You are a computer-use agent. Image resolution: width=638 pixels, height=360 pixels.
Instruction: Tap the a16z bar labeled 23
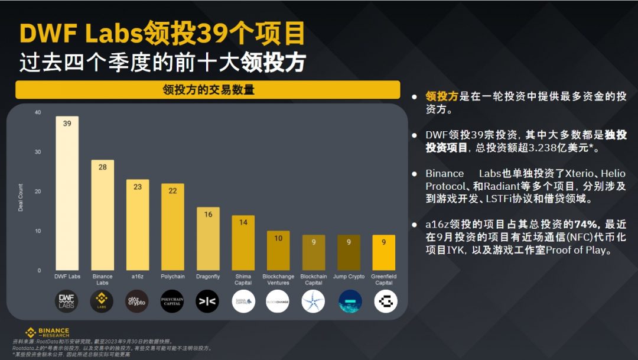(138, 225)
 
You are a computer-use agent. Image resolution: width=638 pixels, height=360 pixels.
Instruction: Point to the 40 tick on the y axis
(38, 112)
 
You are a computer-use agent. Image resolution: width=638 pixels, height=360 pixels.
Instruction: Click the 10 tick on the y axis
(38, 231)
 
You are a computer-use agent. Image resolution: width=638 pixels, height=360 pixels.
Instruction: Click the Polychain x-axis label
(172, 276)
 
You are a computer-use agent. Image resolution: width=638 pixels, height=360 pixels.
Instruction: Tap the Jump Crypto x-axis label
(349, 276)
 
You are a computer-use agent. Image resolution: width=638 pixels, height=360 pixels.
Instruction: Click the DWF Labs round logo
(67, 301)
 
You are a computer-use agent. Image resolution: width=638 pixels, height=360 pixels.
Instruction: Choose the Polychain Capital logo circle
(172, 301)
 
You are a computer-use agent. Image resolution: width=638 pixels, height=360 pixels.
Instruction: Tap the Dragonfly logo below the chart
(208, 301)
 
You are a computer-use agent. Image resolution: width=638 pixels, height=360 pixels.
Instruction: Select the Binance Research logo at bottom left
(47, 333)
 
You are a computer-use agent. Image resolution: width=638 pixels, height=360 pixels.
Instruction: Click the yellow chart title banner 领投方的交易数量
(208, 90)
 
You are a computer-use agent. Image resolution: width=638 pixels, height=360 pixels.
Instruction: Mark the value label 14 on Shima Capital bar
(243, 222)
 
